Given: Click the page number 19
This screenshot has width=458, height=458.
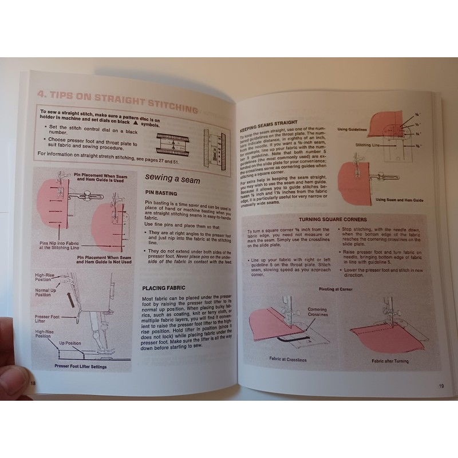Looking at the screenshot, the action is coord(441,385).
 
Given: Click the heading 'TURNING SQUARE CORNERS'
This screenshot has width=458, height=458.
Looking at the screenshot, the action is coord(333,219).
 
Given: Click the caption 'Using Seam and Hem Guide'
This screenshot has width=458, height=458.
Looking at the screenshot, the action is coord(400,200).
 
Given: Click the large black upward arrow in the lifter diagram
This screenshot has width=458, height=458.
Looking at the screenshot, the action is coord(69,298).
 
